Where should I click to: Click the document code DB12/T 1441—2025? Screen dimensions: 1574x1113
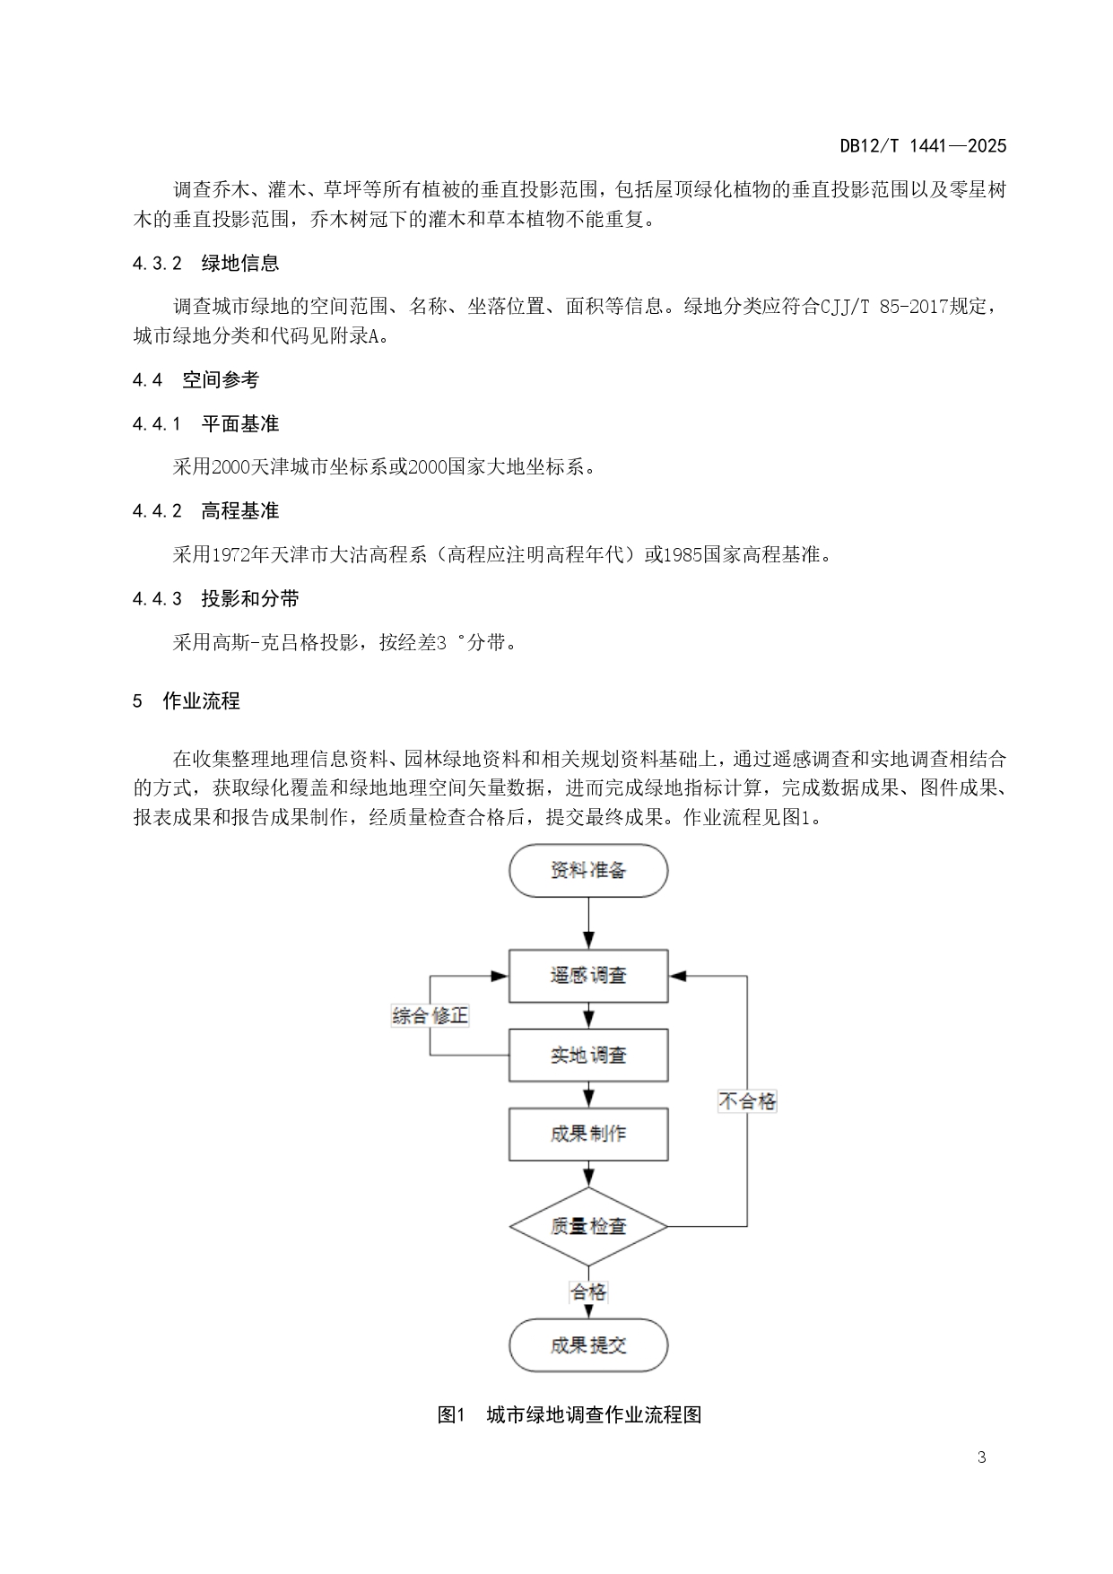click(x=923, y=146)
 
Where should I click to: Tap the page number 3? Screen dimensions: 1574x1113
click(x=981, y=1457)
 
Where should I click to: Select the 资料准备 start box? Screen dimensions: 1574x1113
click(x=588, y=870)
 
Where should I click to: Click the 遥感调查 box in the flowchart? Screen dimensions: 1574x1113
click(x=588, y=976)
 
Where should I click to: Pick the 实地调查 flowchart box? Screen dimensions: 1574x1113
click(x=588, y=1055)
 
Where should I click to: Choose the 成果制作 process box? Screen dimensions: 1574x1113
click(x=588, y=1134)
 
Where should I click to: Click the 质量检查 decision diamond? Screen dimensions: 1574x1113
click(x=588, y=1226)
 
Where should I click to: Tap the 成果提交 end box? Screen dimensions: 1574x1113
click(x=588, y=1345)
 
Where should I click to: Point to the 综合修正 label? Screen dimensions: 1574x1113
click(x=430, y=1015)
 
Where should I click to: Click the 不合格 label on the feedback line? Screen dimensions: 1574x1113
click(x=747, y=1101)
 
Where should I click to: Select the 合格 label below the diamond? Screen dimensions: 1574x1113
click(x=588, y=1292)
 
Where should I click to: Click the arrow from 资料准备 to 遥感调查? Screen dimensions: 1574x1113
click(x=588, y=924)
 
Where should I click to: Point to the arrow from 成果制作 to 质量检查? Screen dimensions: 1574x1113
click(x=588, y=1174)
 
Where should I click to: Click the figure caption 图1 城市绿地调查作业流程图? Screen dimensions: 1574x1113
click(x=569, y=1415)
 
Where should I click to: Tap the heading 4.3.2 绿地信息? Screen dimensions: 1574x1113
click(x=205, y=264)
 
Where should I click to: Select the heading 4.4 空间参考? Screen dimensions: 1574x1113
click(x=196, y=380)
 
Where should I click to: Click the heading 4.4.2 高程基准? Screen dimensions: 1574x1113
click(x=205, y=511)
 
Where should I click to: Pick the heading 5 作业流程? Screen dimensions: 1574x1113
click(x=187, y=701)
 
